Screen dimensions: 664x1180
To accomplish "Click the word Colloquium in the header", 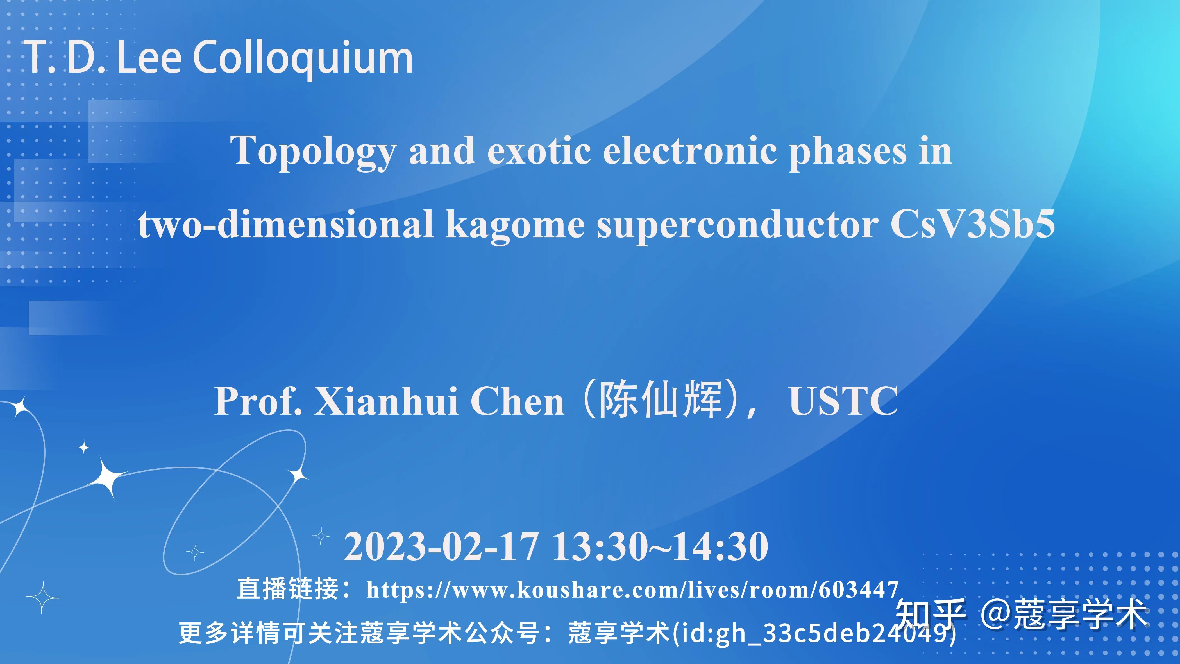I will (303, 58).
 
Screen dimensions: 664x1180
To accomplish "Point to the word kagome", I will (515, 225).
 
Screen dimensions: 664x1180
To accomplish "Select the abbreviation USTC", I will (843, 401).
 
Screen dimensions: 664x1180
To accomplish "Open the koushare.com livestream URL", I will (632, 590).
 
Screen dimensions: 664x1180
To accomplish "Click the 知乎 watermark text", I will (930, 614).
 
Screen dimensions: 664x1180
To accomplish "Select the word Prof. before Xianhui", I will (258, 401).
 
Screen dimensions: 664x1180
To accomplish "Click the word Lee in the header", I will (148, 58).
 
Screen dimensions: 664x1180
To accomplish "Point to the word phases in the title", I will (847, 151).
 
